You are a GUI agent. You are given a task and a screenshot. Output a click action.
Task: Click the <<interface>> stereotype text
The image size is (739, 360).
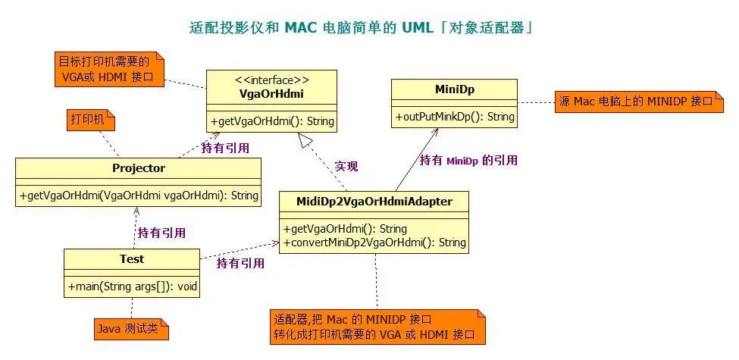[272, 80]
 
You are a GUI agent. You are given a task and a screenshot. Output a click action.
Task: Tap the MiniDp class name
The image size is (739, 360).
[455, 90]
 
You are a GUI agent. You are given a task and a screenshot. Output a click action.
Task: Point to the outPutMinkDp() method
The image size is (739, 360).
[455, 117]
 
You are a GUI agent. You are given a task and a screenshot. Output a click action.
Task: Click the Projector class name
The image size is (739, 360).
[139, 168]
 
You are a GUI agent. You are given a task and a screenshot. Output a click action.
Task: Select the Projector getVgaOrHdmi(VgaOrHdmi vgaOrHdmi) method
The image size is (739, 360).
[139, 195]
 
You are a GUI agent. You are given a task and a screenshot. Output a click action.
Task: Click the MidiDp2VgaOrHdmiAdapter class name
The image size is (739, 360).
[374, 202]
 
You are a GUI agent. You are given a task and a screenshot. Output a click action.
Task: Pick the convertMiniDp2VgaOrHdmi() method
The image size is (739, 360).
[374, 243]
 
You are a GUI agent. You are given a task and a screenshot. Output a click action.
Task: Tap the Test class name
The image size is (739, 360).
[132, 259]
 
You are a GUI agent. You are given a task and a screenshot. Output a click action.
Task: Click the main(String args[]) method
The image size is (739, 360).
[132, 286]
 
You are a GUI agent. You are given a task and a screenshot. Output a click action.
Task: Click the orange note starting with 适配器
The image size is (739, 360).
[377, 326]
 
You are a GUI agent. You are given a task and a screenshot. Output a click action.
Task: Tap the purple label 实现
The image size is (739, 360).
[346, 166]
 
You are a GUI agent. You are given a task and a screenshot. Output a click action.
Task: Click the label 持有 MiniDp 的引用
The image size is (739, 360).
[469, 160]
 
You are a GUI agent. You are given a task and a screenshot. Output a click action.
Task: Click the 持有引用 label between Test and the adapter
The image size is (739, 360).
[240, 263]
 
